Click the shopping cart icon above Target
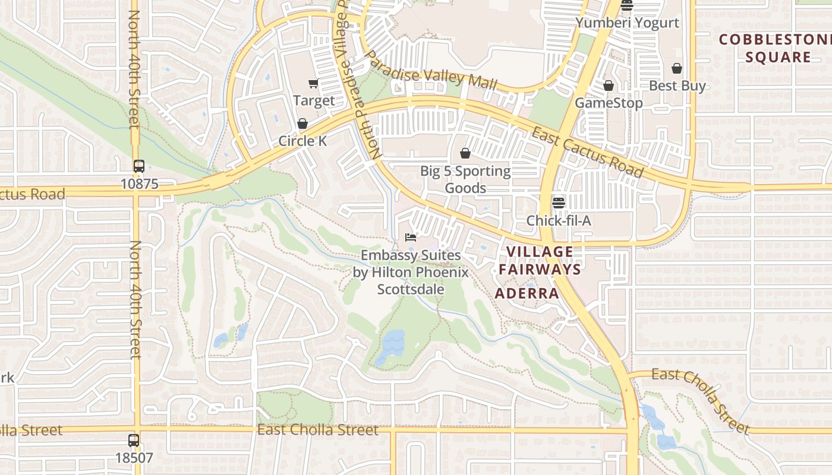coord(313,83)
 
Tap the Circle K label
coord(302,141)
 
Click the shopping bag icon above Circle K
coord(302,123)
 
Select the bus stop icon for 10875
coord(139,166)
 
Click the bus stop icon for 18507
coord(134,441)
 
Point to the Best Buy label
coord(677,85)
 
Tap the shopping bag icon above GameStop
coord(608,86)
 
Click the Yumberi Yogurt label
coord(627,23)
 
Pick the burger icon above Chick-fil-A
coord(558,202)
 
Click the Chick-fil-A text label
coord(558,221)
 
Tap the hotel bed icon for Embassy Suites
coord(410,237)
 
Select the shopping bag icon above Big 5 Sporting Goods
coord(465,153)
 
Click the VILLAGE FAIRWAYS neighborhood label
coord(539,260)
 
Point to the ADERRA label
coord(527,293)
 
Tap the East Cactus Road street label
coord(587,152)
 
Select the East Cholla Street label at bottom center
coord(317,429)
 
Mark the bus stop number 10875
coord(140,184)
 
